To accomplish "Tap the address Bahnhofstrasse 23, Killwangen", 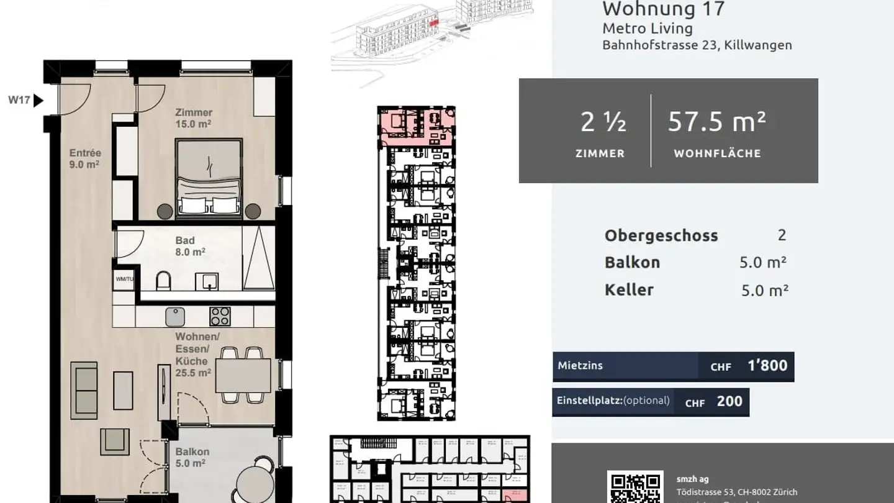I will (697, 45).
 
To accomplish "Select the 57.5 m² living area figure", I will (716, 122).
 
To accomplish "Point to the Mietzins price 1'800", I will (767, 366).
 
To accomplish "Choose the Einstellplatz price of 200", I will (729, 402).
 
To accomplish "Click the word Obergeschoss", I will (661, 236).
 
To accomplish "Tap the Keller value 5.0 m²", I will (764, 290).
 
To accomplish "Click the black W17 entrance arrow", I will (38, 100).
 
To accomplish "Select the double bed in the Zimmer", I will (209, 178).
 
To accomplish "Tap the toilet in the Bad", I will (164, 282).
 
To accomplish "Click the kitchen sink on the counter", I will (175, 317).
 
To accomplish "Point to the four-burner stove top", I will (220, 317).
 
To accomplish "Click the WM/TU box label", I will (124, 279).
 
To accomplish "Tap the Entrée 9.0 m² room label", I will (85, 158).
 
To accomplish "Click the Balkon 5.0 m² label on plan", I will (192, 457).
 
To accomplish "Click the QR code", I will (635, 488).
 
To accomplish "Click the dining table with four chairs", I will (243, 375).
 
